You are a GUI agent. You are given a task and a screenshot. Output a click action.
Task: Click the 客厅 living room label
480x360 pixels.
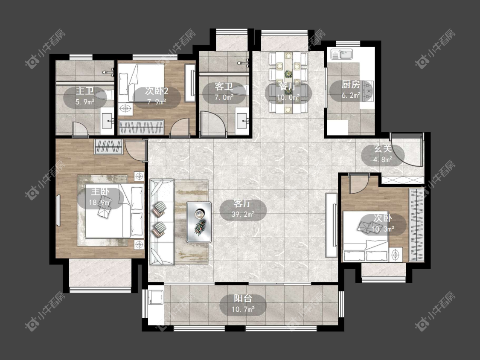tap(243, 203)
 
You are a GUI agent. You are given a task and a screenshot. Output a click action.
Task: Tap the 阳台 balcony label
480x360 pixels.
tap(243, 299)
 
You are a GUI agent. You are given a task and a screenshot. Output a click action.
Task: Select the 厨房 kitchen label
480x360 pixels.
tap(351, 84)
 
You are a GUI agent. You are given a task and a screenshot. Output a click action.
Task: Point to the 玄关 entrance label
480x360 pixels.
tap(383, 149)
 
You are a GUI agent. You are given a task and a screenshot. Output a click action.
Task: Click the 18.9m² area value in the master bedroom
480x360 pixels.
tap(100, 202)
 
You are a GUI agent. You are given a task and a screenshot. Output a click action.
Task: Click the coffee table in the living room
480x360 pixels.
tap(199, 222)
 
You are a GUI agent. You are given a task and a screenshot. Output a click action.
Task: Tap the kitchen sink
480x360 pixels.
tap(342, 55)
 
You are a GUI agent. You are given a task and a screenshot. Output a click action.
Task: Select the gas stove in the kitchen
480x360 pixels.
tap(367, 91)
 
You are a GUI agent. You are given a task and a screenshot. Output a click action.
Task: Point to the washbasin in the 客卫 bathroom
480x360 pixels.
tap(242, 122)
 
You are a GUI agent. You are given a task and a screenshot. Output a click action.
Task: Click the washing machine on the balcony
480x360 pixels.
tap(156, 297)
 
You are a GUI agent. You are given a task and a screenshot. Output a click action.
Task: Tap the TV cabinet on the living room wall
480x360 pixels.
tap(331, 225)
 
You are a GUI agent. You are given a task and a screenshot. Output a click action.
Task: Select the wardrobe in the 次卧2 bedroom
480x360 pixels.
tap(141, 127)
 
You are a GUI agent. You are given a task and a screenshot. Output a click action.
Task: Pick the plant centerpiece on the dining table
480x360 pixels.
tap(288, 74)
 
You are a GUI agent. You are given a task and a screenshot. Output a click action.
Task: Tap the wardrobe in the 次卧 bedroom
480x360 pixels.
tap(416, 225)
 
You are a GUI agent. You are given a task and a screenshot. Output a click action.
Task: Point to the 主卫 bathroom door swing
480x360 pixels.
tap(81, 129)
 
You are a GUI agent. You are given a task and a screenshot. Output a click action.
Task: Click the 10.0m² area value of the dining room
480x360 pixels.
tap(288, 97)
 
